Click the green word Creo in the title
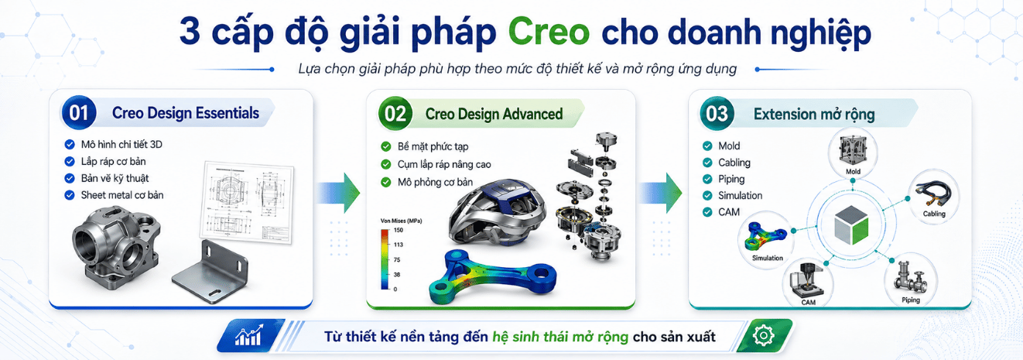pyautogui.click(x=549, y=32)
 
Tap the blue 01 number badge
pyautogui.click(x=78, y=112)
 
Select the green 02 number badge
pyautogui.click(x=395, y=113)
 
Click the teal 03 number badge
pyautogui.click(x=717, y=114)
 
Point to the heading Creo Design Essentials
pyautogui.click(x=186, y=113)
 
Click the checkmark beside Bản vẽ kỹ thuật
pyautogui.click(x=70, y=178)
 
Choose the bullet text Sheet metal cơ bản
pyautogui.click(x=122, y=195)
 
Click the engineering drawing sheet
pyautogui.click(x=247, y=202)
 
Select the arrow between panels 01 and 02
pyautogui.click(x=338, y=193)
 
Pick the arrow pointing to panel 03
pyautogui.click(x=660, y=193)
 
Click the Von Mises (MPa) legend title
pyautogui.click(x=401, y=221)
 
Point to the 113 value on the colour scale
pyautogui.click(x=399, y=245)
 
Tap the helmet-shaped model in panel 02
pyautogui.click(x=497, y=211)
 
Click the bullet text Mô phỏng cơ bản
pyautogui.click(x=435, y=182)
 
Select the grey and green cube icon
pyautogui.click(x=851, y=225)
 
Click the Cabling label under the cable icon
pyautogui.click(x=934, y=214)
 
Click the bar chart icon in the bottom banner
pyautogui.click(x=248, y=336)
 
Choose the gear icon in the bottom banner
pyautogui.click(x=764, y=336)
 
